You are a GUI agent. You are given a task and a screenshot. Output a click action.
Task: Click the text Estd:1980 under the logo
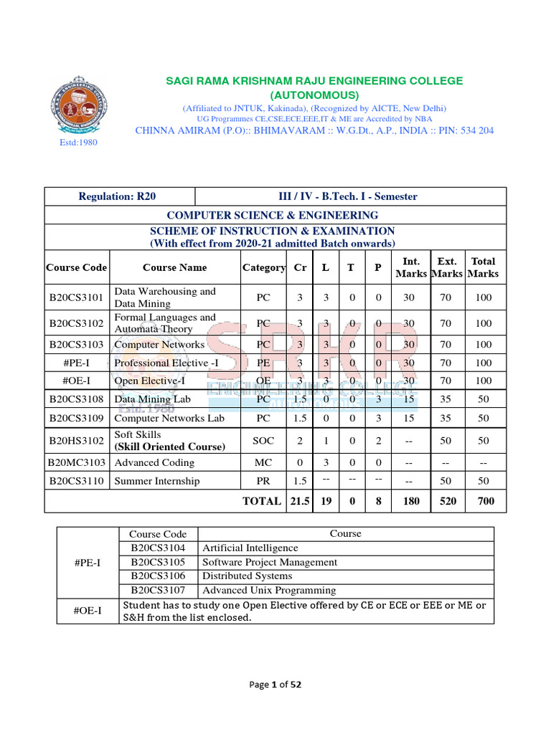point(77,142)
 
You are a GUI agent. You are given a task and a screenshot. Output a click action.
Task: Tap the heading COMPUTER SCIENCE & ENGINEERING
point(272,215)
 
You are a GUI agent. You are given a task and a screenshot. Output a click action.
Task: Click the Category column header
point(263,267)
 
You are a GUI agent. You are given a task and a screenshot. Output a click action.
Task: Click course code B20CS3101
point(77,297)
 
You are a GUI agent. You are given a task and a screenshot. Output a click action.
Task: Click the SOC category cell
point(263,440)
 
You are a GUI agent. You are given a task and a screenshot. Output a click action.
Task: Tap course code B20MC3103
point(77,463)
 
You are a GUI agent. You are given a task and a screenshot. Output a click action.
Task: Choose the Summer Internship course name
point(157,481)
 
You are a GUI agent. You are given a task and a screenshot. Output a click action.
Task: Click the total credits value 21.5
point(300,501)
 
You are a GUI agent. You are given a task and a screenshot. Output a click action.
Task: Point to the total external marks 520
point(448,501)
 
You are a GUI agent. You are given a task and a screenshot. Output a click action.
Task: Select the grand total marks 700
point(486,501)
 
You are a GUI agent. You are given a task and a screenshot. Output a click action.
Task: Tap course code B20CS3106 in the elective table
point(158,576)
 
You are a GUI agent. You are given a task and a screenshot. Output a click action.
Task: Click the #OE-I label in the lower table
point(88,611)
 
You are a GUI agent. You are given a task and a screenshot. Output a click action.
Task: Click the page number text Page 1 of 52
point(275,685)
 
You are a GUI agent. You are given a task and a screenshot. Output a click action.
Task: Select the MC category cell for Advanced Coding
point(263,463)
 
